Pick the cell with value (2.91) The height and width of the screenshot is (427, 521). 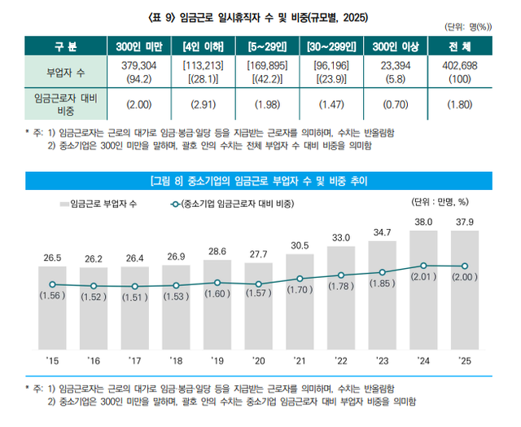tap(204, 104)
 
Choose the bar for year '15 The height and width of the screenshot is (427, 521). tap(52, 310)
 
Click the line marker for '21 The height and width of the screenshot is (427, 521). tap(300, 279)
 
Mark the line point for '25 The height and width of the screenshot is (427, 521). tap(465, 266)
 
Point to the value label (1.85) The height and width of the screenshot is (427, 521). tap(382, 283)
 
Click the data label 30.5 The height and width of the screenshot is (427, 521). tap(300, 245)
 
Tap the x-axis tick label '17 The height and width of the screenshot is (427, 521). tap(134, 359)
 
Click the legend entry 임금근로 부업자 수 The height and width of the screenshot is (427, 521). tap(100, 202)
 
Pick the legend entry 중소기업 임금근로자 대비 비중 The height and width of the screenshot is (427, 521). tap(236, 202)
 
